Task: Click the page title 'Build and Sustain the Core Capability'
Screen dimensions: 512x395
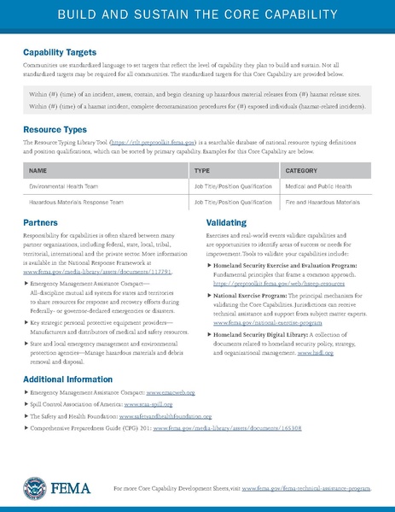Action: (x=197, y=15)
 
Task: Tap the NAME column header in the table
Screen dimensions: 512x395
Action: (x=38, y=170)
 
